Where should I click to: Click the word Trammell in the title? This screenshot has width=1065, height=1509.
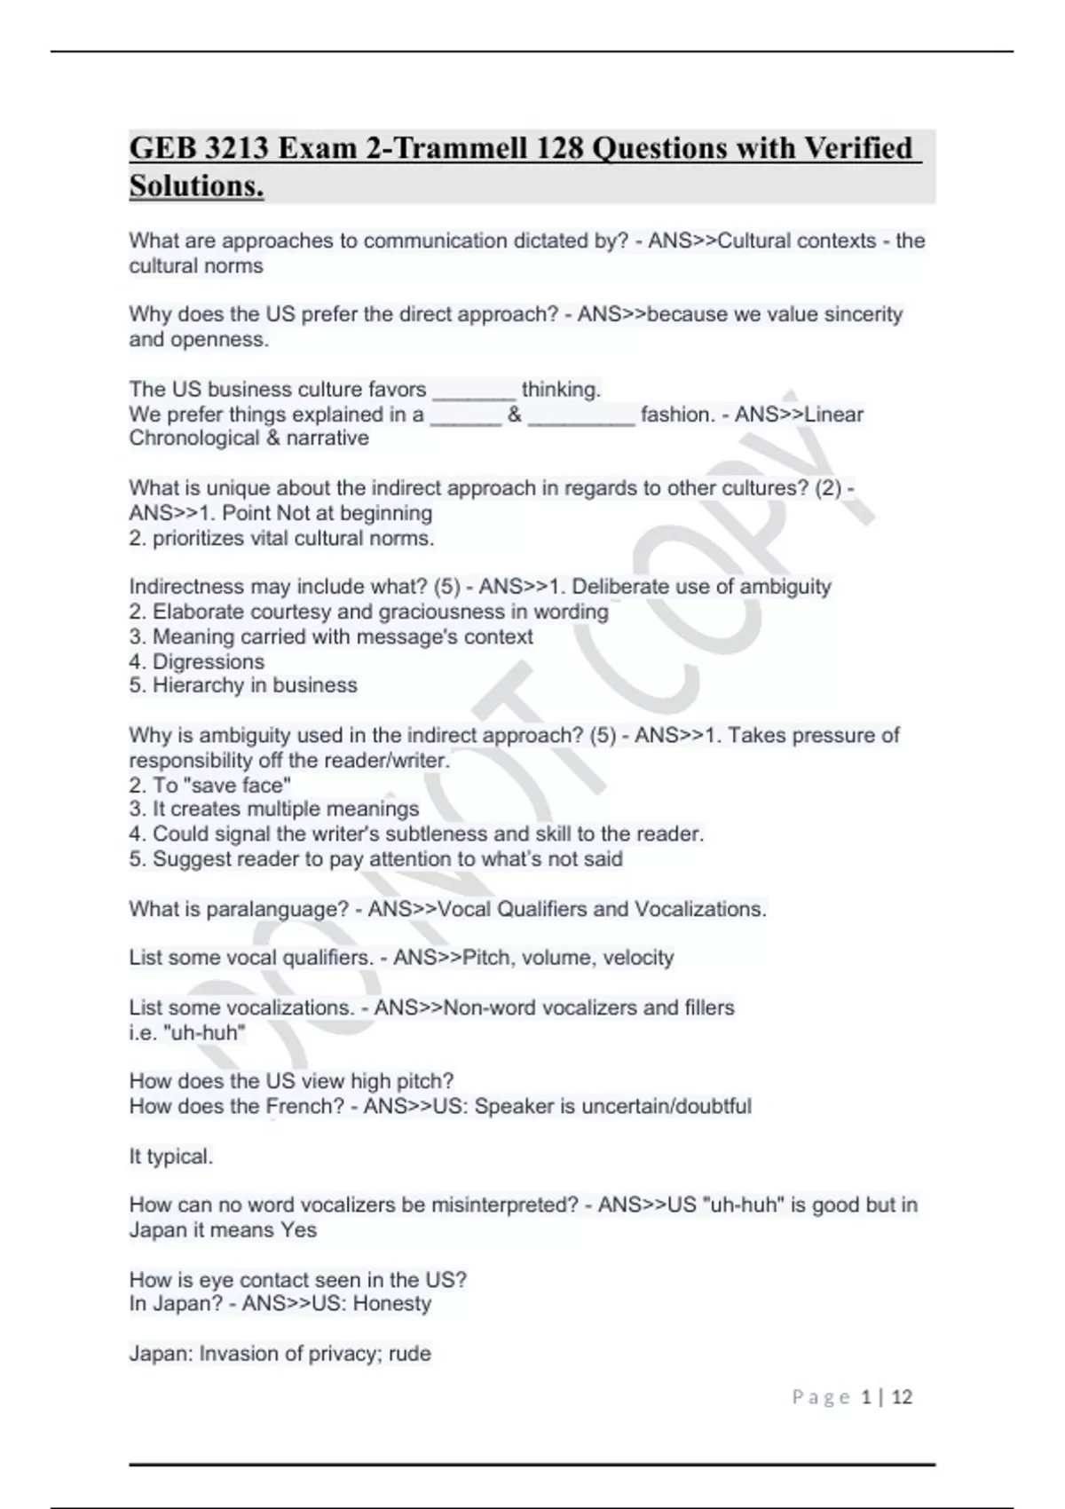click(x=460, y=148)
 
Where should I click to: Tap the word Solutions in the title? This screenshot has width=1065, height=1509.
click(x=196, y=186)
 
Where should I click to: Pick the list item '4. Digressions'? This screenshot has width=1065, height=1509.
click(x=196, y=661)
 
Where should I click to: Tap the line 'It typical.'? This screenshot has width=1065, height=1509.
click(x=171, y=1157)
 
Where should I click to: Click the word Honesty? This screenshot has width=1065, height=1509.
click(x=391, y=1304)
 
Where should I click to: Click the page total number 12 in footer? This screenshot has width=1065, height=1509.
click(x=902, y=1397)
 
